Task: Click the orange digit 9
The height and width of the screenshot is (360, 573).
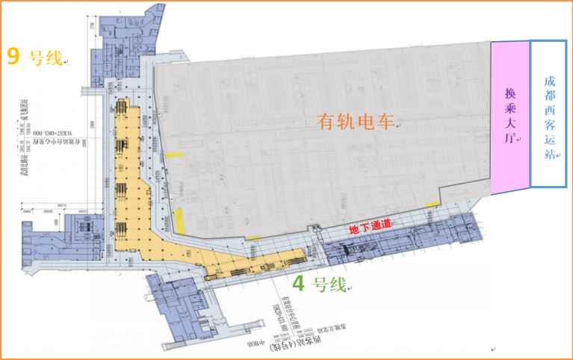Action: pyautogui.click(x=13, y=57)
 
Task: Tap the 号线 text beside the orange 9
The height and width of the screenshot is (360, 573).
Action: pyautogui.click(x=44, y=58)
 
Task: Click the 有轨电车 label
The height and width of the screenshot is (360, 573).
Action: pyautogui.click(x=354, y=121)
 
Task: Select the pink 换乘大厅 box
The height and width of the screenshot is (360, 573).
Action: pyautogui.click(x=509, y=117)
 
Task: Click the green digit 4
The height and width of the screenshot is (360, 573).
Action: pyautogui.click(x=298, y=284)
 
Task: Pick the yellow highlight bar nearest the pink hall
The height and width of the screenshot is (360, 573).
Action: pyautogui.click(x=433, y=204)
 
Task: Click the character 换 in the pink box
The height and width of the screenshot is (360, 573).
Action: pyautogui.click(x=510, y=95)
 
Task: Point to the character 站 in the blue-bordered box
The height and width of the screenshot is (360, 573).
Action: pyautogui.click(x=551, y=155)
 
